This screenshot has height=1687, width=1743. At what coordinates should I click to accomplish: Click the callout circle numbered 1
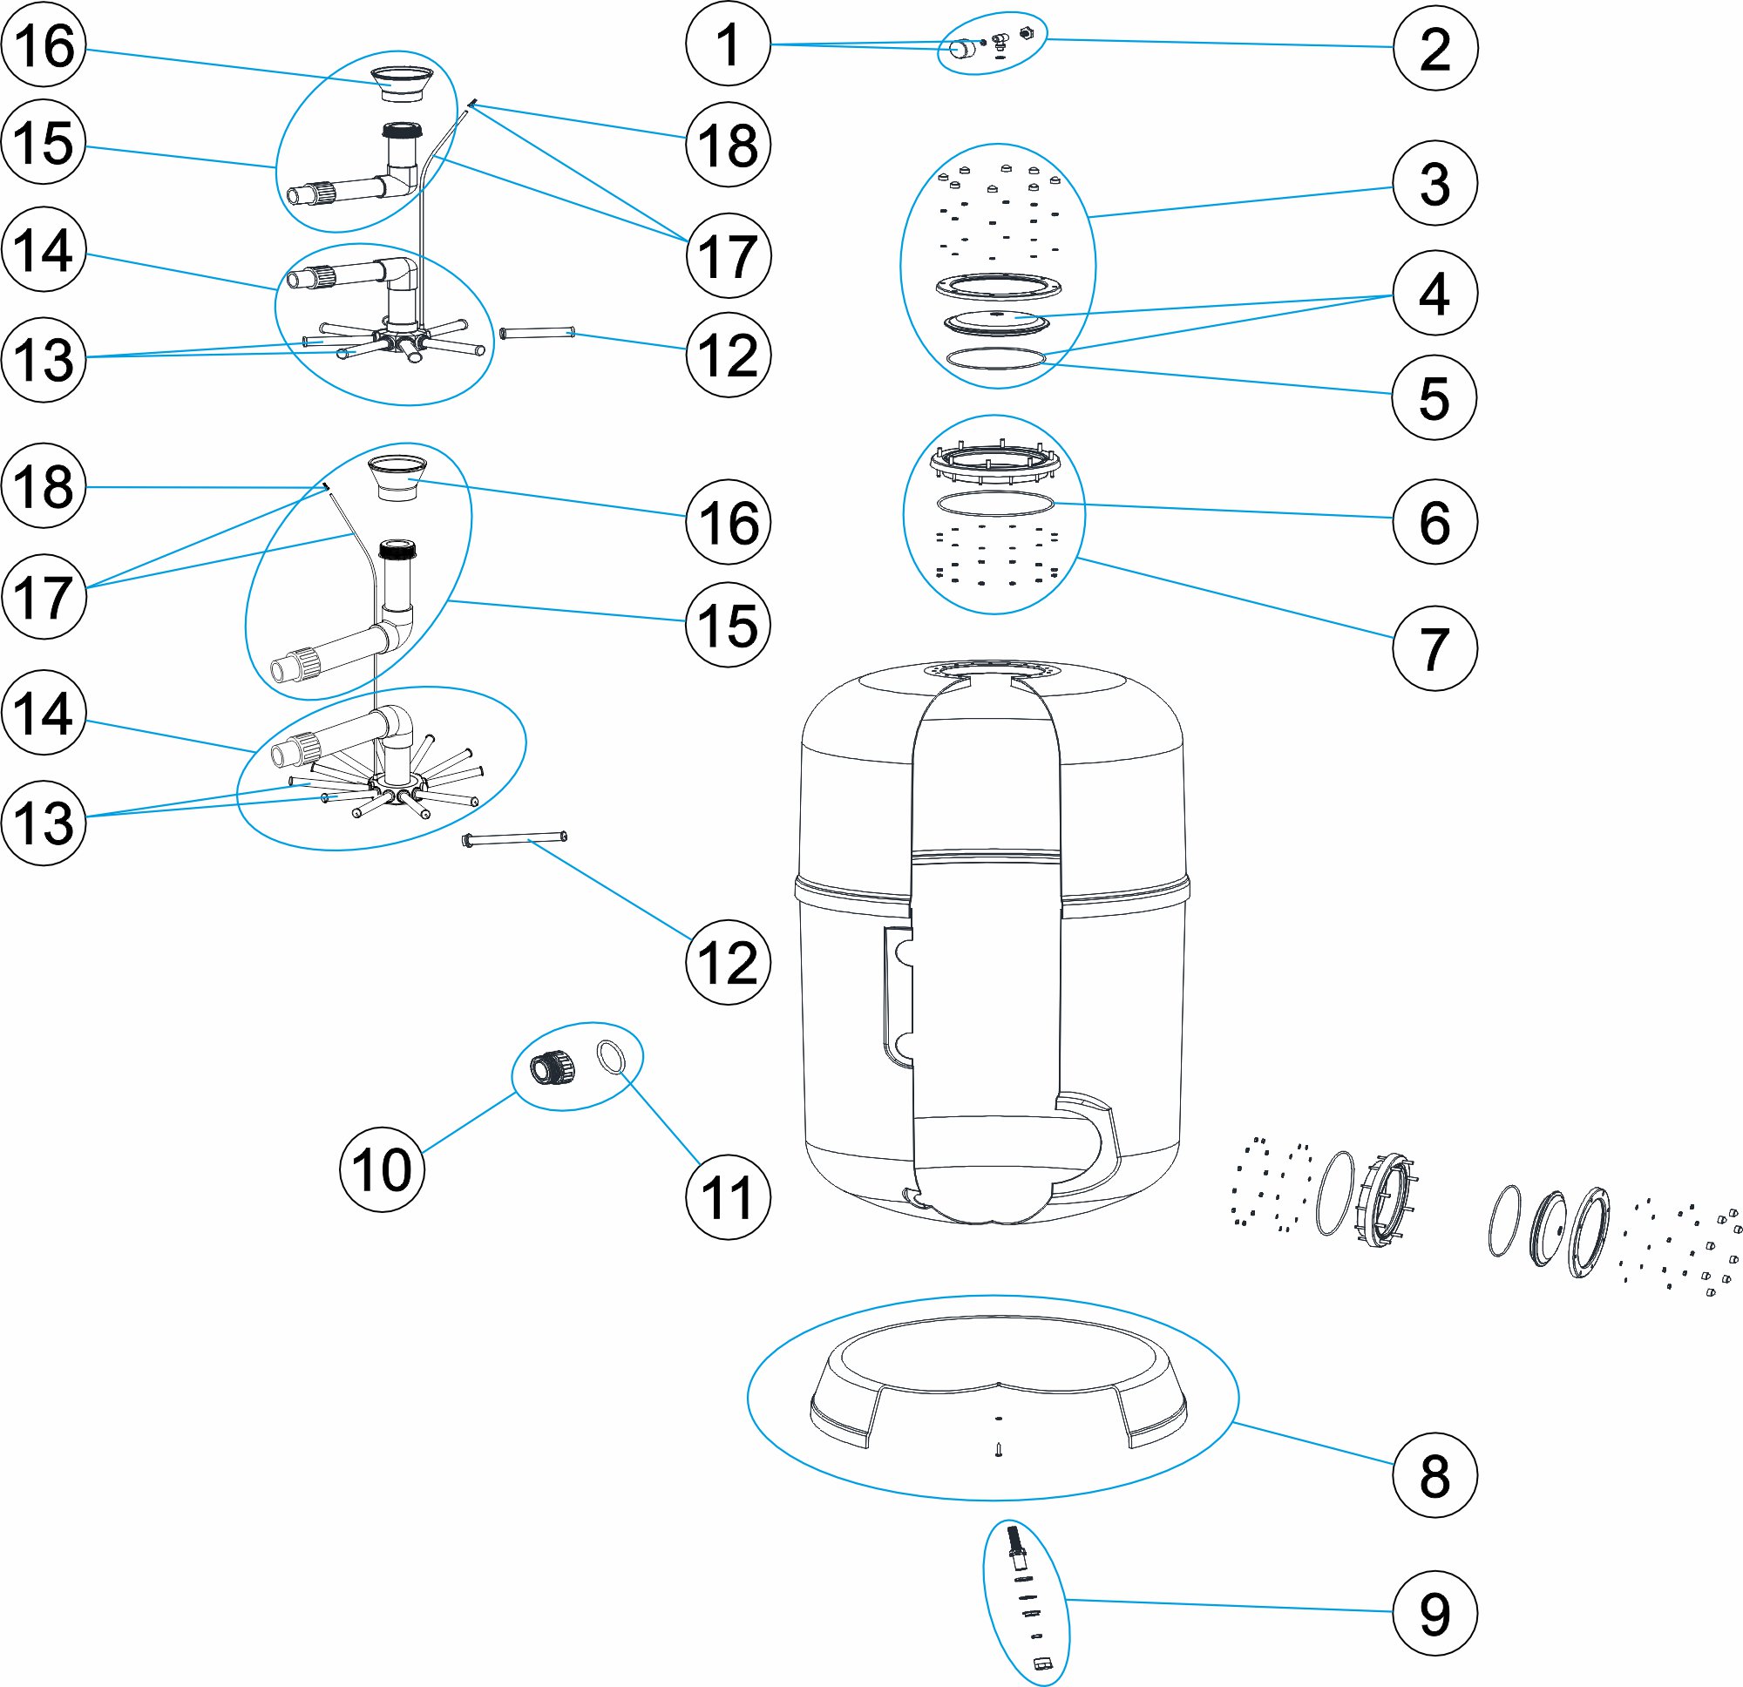(728, 44)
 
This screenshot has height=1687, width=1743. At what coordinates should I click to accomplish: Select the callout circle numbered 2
(1434, 48)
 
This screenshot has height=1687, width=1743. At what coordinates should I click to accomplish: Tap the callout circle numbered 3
(1434, 184)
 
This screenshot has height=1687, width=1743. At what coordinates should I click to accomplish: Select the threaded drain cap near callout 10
(553, 1066)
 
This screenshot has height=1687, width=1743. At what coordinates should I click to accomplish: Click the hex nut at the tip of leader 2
(1027, 34)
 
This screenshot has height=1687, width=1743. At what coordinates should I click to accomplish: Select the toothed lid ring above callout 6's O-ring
(995, 461)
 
